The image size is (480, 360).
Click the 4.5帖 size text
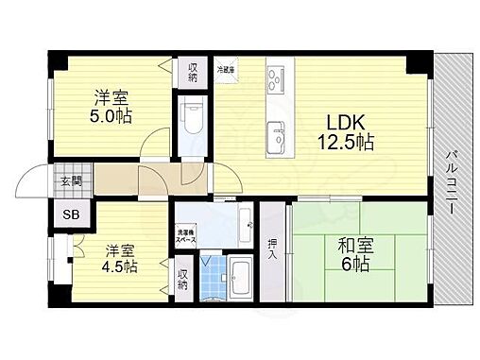[118, 267]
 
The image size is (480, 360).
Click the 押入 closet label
[272, 249]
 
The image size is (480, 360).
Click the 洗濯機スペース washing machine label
[183, 237]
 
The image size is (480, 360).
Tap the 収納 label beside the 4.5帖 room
[182, 280]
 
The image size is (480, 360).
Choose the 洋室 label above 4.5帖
[117, 249]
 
